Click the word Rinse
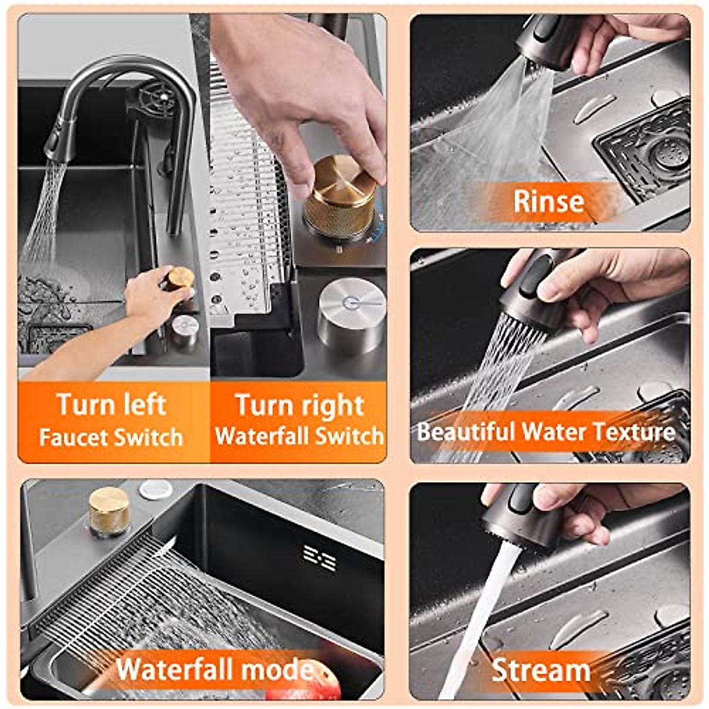pyautogui.click(x=548, y=201)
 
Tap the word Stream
pyautogui.click(x=541, y=671)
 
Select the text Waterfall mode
pyautogui.click(x=216, y=669)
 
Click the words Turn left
pyautogui.click(x=111, y=405)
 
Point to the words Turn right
pyautogui.click(x=300, y=405)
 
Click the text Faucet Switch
pyautogui.click(x=111, y=438)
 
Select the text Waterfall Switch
pyautogui.click(x=300, y=437)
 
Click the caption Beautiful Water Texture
pyautogui.click(x=546, y=431)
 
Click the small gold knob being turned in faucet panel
pyautogui.click(x=180, y=278)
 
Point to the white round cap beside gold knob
pyautogui.click(x=156, y=489)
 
